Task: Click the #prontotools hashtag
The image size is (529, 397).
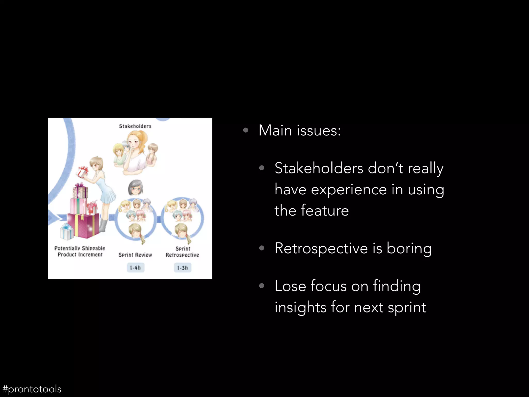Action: (32, 389)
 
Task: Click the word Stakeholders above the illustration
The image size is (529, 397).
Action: (135, 126)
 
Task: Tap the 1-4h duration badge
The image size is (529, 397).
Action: (135, 268)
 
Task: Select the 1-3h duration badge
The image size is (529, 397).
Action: (182, 268)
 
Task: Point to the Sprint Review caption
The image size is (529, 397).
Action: (135, 255)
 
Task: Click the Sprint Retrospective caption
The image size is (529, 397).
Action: (182, 252)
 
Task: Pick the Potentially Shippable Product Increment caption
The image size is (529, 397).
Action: (80, 251)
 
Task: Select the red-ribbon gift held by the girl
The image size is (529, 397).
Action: (82, 172)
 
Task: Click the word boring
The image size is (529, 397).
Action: (409, 249)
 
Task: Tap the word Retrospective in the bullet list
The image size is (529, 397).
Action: (321, 249)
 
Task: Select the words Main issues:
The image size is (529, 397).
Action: (300, 131)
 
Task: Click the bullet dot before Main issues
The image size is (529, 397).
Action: (246, 130)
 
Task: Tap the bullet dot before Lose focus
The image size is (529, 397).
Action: (262, 286)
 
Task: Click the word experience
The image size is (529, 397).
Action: (349, 190)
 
